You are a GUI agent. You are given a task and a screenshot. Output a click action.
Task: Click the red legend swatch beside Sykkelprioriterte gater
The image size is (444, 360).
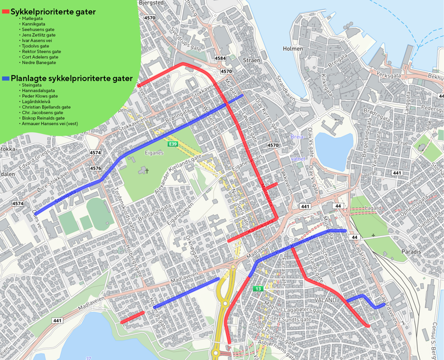[x=6, y=12]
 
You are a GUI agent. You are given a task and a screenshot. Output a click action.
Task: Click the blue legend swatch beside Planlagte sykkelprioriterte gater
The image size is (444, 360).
[x=6, y=79]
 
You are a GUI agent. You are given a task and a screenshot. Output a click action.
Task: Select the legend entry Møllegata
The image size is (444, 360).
[x=33, y=18]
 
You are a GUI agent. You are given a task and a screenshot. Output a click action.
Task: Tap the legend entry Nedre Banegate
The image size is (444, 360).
[x=39, y=63]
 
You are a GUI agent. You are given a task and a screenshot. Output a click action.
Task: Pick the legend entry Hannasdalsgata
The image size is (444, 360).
[x=38, y=90]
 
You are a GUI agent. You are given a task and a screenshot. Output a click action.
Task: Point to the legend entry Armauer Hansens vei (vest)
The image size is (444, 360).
[x=49, y=123]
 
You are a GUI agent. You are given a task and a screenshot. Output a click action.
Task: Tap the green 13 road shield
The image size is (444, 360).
[x=258, y=289]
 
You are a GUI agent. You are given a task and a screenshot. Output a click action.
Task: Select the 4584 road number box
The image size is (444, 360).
[x=220, y=58]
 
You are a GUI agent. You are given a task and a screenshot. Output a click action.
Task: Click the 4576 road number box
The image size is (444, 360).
[x=95, y=168]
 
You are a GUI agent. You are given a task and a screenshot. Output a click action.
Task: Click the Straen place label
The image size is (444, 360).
[x=251, y=59]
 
